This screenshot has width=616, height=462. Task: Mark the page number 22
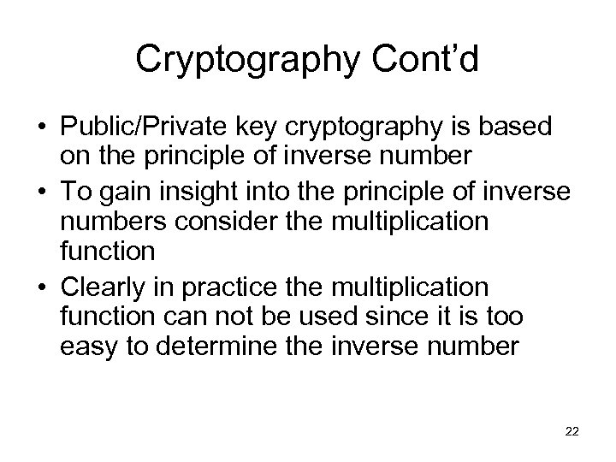point(572,433)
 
